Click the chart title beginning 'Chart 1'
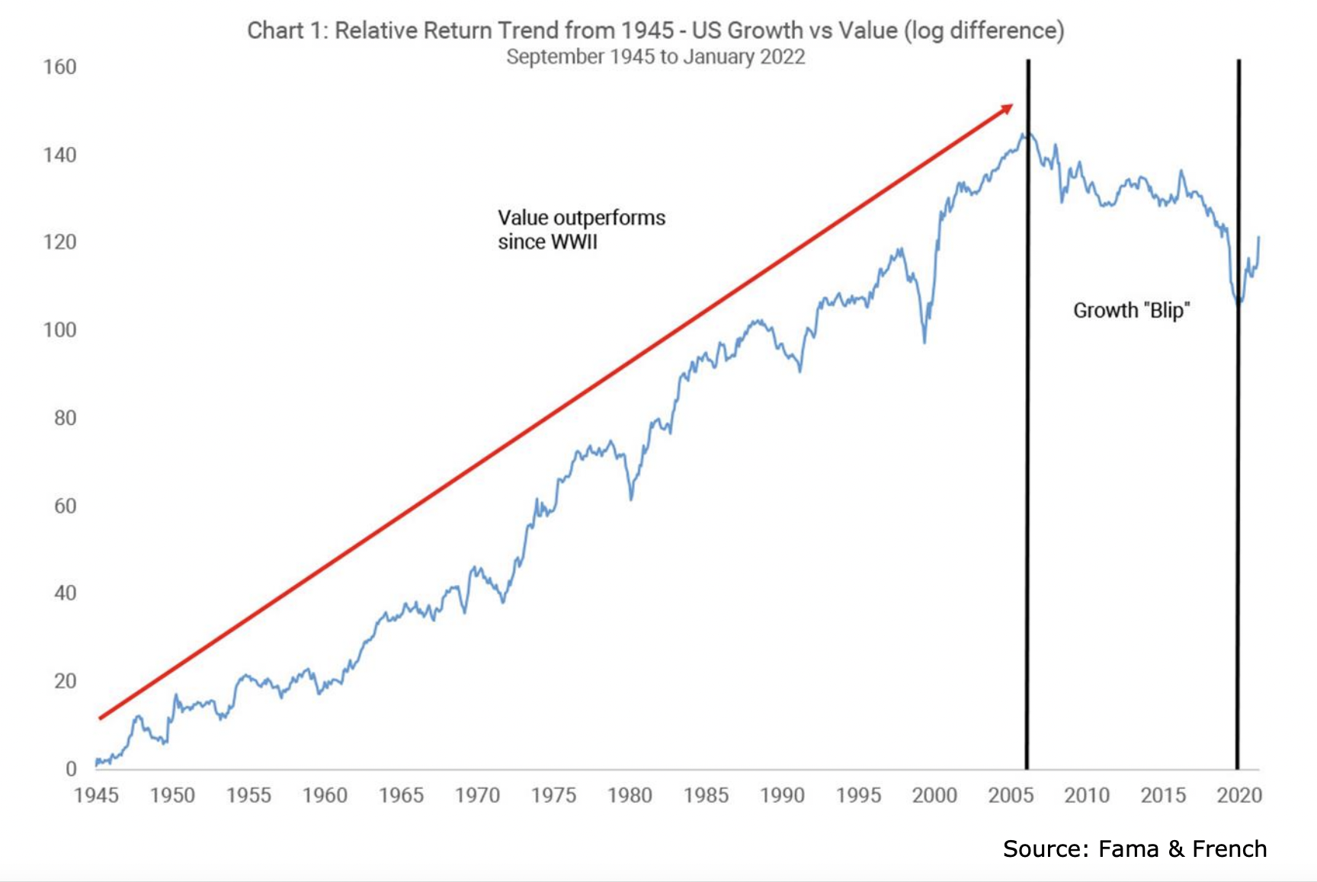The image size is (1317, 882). (655, 30)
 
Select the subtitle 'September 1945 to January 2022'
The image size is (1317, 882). (655, 57)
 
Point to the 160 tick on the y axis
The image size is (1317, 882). (59, 67)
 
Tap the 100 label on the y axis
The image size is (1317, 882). (59, 330)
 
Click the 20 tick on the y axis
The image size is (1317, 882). (65, 681)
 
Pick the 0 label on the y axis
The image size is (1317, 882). (71, 769)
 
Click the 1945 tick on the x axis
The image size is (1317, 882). (96, 795)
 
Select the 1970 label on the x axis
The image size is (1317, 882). (477, 795)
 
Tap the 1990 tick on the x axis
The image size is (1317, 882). (782, 795)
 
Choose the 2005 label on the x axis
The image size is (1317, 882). (1011, 795)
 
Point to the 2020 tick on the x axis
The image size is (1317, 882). (1239, 795)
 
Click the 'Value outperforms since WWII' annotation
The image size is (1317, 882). (581, 229)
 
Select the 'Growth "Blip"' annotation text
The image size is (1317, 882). (1131, 311)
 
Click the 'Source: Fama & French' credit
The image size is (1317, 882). (1134, 848)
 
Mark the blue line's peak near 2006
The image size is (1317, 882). (1024, 135)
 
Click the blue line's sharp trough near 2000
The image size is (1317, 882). (924, 342)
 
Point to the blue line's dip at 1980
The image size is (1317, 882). (631, 499)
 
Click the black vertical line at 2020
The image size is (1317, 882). (1238, 457)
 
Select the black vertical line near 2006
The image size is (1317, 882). (1027, 457)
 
